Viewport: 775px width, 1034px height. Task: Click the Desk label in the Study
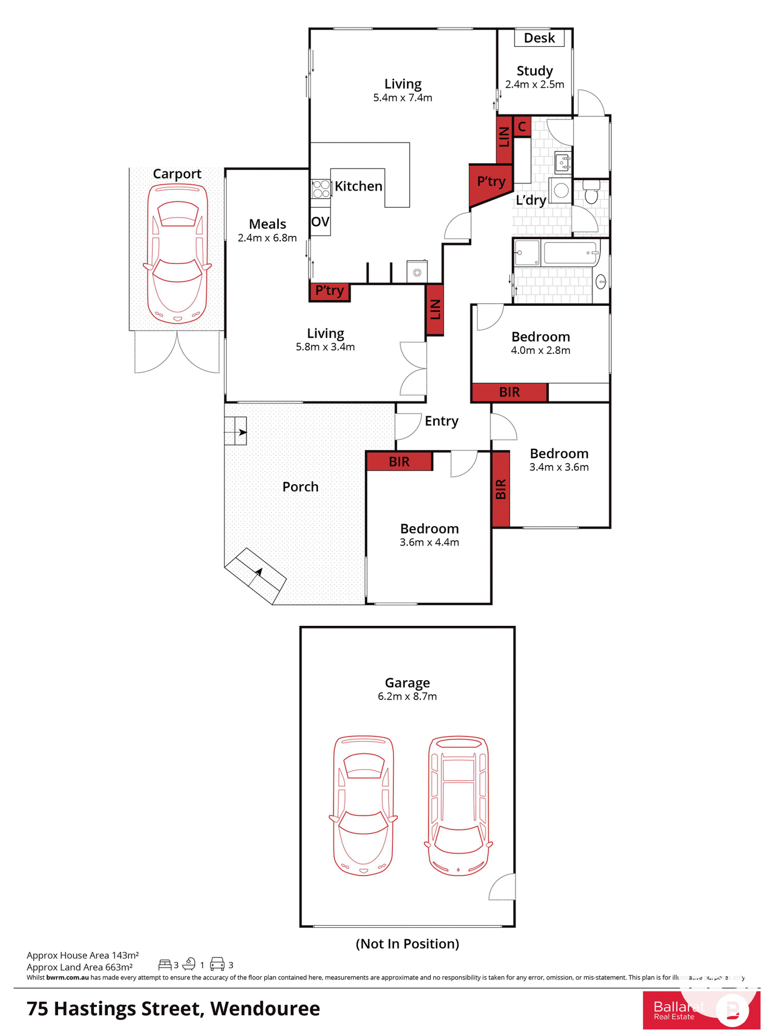pos(539,38)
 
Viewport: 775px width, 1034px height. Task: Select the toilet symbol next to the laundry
pos(591,192)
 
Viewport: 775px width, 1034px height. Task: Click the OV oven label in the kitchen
pos(320,221)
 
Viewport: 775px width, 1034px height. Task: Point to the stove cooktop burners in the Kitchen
pos(321,189)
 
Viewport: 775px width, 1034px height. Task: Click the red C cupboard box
pos(522,127)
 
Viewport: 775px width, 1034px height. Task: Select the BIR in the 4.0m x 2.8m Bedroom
pos(509,392)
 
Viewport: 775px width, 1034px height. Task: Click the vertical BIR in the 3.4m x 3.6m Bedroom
pos(501,489)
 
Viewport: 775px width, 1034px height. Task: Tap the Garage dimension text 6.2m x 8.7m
pos(407,696)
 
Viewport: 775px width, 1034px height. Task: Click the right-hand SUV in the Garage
pos(459,806)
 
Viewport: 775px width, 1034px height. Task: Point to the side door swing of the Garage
pos(503,888)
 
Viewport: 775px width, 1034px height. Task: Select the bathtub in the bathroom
pos(571,253)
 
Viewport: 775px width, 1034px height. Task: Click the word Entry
pos(441,421)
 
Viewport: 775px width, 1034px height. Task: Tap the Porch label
pos(300,487)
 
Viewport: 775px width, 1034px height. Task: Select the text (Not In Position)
pos(407,944)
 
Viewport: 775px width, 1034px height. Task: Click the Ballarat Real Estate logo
pos(701,1010)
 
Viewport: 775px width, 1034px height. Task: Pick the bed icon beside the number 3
pos(165,965)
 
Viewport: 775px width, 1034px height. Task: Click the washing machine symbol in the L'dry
pos(561,191)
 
